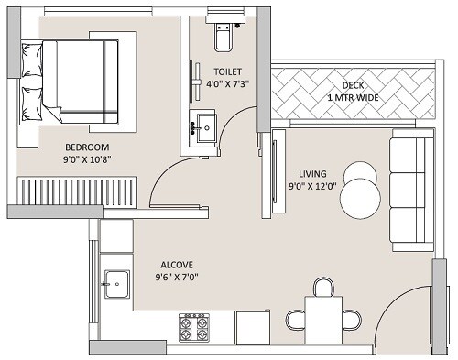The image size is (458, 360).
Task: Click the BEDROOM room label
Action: coord(87,147)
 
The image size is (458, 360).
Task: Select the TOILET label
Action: coord(228,71)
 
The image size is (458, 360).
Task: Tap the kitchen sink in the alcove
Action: coord(116,285)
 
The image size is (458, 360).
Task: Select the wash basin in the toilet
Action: coord(202,126)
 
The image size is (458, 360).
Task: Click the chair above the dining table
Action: coord(322,288)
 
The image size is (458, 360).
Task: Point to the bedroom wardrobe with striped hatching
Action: coord(78,191)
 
